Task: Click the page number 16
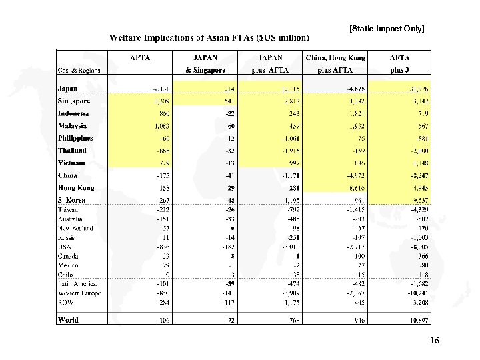pyautogui.click(x=435, y=341)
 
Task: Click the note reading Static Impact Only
pyautogui.click(x=387, y=29)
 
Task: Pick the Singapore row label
pyautogui.click(x=73, y=101)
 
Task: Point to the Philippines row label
pyautogui.click(x=75, y=139)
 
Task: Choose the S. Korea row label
pyautogui.click(x=71, y=200)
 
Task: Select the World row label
pyautogui.click(x=68, y=320)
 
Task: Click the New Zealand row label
pyautogui.click(x=75, y=228)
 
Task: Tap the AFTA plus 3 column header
pyautogui.click(x=399, y=63)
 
